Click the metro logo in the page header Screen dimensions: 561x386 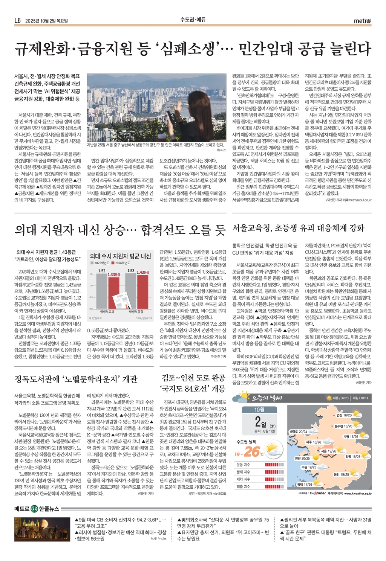click(x=362, y=21)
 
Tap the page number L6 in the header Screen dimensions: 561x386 click(x=17, y=21)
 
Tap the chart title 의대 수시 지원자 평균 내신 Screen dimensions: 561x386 click(x=120, y=256)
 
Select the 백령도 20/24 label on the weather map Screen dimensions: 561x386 click(x=298, y=431)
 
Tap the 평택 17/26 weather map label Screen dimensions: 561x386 click(x=305, y=484)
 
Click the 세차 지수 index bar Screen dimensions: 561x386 click(x=274, y=479)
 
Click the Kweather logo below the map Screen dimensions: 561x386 click(x=317, y=493)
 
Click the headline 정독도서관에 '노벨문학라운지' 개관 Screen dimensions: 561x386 click(x=76, y=379)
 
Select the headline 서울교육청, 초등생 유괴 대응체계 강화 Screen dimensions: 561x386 click(x=298, y=228)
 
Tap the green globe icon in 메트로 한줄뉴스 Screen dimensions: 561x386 click(x=34, y=509)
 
